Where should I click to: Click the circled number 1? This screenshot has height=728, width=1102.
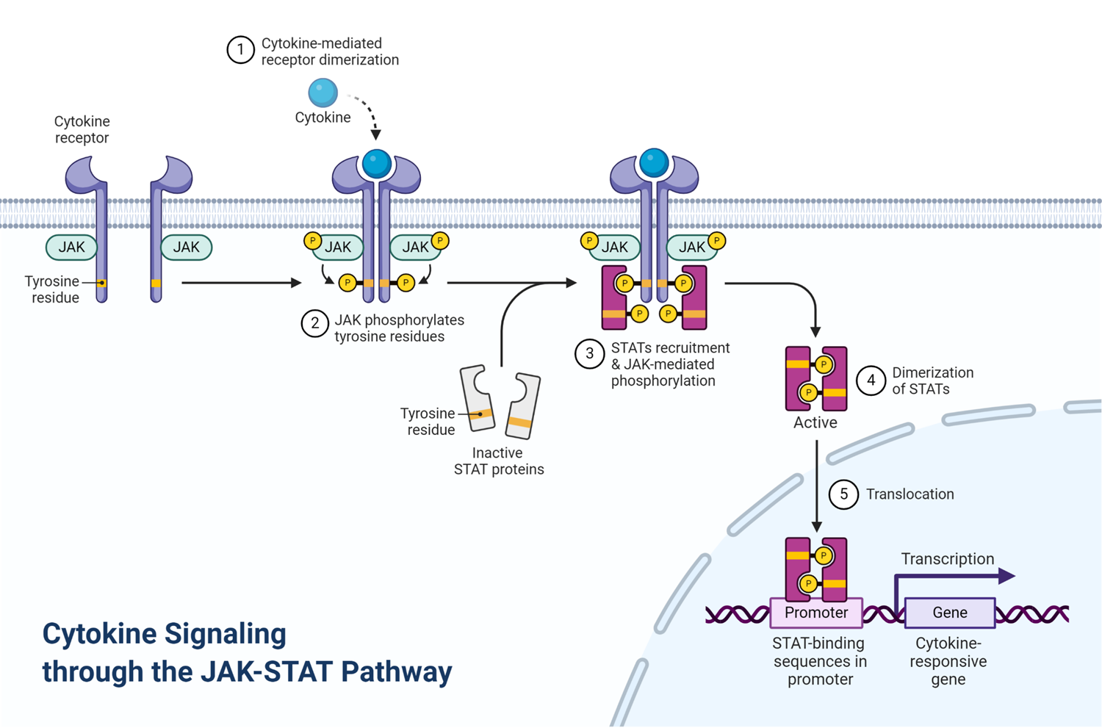coord(240,50)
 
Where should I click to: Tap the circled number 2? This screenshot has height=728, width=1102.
coord(315,323)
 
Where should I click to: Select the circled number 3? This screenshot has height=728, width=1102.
coord(589,353)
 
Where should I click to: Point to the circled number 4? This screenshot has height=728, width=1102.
coord(871,381)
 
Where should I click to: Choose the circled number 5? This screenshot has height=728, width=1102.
coord(843,494)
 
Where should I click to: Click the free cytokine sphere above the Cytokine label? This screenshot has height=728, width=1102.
coord(323,93)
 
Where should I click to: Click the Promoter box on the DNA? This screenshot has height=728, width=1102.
coord(816,613)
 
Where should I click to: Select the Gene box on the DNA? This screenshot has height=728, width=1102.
coord(950,613)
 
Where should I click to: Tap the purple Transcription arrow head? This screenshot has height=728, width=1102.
coord(1006,575)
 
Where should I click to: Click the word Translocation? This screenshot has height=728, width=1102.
coord(910,494)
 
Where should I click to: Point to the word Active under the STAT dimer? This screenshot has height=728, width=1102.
coord(815,422)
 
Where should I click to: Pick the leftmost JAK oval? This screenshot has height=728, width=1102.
coord(71,247)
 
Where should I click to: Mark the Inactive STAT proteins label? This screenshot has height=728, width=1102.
coord(499,461)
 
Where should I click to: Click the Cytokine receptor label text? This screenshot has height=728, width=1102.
coord(82,129)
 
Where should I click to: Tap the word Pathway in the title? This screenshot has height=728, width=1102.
coord(397,672)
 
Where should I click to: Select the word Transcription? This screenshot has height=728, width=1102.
coord(948,559)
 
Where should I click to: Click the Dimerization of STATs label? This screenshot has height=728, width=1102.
coord(933,381)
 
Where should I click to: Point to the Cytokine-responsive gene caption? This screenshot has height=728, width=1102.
coord(948,661)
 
